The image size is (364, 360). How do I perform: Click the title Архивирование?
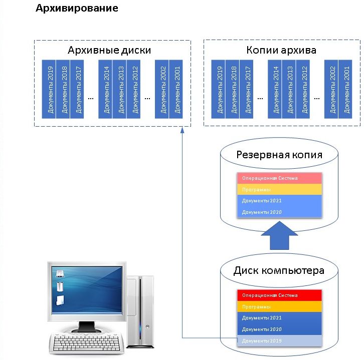click(x=77, y=9)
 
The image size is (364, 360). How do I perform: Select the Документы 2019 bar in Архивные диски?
click(x=49, y=89)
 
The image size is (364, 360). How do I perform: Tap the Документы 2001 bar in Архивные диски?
click(x=176, y=89)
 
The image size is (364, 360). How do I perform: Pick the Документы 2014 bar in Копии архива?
click(x=275, y=89)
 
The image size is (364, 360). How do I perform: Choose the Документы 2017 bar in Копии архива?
click(x=246, y=89)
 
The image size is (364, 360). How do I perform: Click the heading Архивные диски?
click(x=109, y=51)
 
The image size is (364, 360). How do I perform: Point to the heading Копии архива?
click(x=281, y=51)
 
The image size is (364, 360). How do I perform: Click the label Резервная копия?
click(x=279, y=154)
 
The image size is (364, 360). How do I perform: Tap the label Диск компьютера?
click(x=279, y=271)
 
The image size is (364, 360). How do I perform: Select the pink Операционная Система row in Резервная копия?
click(x=279, y=178)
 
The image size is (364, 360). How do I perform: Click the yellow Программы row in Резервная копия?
click(x=279, y=189)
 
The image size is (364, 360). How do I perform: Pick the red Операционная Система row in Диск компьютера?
click(x=279, y=295)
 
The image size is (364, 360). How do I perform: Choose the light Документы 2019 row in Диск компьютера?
click(x=279, y=341)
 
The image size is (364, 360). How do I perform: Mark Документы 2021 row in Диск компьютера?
click(x=279, y=318)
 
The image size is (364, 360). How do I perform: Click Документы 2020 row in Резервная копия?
click(x=279, y=212)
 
